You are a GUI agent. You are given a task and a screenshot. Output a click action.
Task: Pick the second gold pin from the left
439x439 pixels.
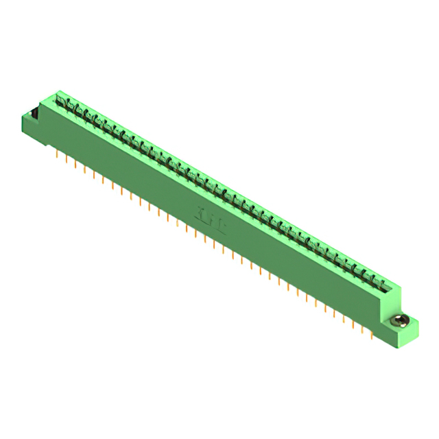coord(66,160)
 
